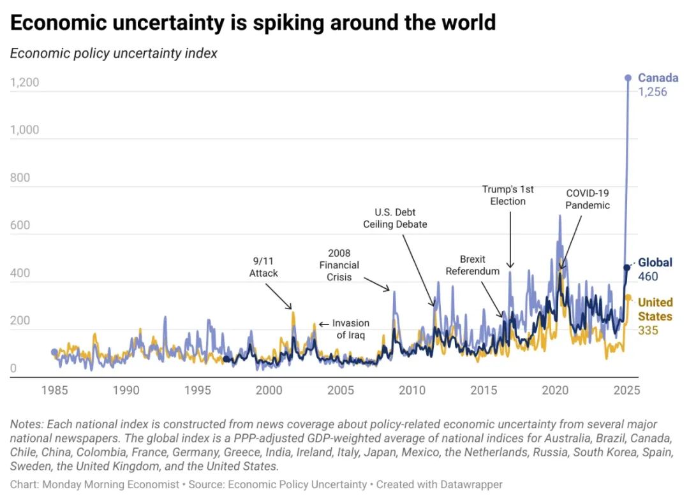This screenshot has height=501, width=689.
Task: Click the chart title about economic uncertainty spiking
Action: point(253,23)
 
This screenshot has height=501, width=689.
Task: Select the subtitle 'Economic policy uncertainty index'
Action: point(114,54)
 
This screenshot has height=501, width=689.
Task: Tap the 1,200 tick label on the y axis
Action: point(25,82)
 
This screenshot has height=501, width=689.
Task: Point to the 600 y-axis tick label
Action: point(20,225)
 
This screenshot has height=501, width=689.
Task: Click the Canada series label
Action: point(658,78)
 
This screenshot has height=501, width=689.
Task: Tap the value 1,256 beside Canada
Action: point(653,92)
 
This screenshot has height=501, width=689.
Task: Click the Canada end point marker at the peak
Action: point(628,78)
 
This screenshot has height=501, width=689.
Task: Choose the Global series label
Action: point(655,263)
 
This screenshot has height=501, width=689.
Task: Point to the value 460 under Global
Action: point(648,277)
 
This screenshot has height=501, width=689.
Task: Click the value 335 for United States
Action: point(648,330)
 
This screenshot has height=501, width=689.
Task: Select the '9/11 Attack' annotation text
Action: point(263,266)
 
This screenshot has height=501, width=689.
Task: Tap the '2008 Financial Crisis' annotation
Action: point(339,265)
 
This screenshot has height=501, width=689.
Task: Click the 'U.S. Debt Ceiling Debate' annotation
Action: point(396,218)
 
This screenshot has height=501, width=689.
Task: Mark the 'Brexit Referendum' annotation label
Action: point(473,265)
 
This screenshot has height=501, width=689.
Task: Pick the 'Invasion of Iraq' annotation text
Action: point(350,329)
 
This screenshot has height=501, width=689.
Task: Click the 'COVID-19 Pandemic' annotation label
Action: point(588,199)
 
